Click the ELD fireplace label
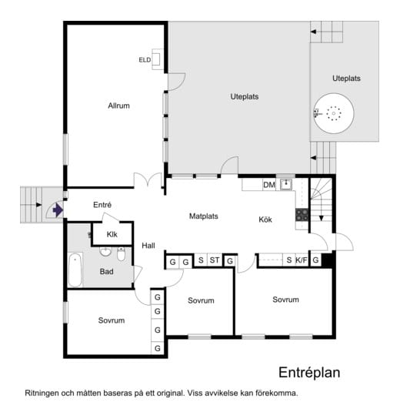pyautogui.click(x=145, y=60)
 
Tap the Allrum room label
pyautogui.click(x=118, y=106)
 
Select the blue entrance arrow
pyautogui.click(x=58, y=210)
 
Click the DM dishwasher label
pyautogui.click(x=269, y=185)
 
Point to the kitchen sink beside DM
pyautogui.click(x=286, y=184)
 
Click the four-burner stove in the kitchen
pyautogui.click(x=302, y=215)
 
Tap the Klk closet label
pyautogui.click(x=112, y=234)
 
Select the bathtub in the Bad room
pyautogui.click(x=75, y=270)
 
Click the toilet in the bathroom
pyautogui.click(x=121, y=254)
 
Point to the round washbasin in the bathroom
pyautogui.click(x=105, y=252)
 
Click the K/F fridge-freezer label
pyautogui.click(x=302, y=260)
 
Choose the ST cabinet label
pyautogui.click(x=215, y=260)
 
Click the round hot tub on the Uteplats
pyautogui.click(x=334, y=113)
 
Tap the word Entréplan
pyautogui.click(x=309, y=372)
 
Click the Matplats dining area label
pyautogui.click(x=204, y=216)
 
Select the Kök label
pyautogui.click(x=265, y=220)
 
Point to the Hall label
pyautogui.click(x=148, y=245)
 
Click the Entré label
pyautogui.click(x=102, y=205)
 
